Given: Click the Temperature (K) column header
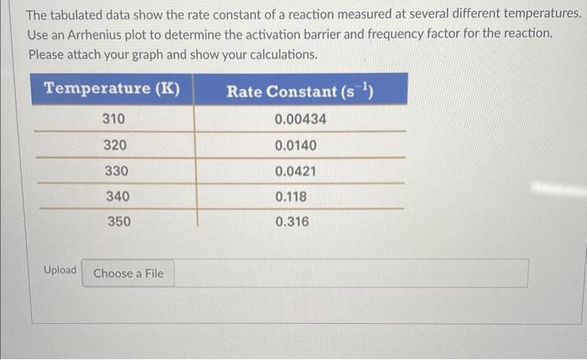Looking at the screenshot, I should coord(112,89).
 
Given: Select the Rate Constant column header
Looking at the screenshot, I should coord(299,90).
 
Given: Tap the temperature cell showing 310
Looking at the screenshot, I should coord(114,119).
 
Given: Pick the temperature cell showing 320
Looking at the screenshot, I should coord(115,145).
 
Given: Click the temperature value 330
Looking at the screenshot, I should coord(115,171).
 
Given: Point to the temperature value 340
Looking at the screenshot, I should coord(117,196).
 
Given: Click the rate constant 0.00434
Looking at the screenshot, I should coord(300,119).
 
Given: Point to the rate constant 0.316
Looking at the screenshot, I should coord(292,222).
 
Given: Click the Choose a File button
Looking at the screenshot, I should coord(128,274).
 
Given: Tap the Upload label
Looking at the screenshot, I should coord(60,270).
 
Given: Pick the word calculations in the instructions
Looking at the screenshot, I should coord(280,55).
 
